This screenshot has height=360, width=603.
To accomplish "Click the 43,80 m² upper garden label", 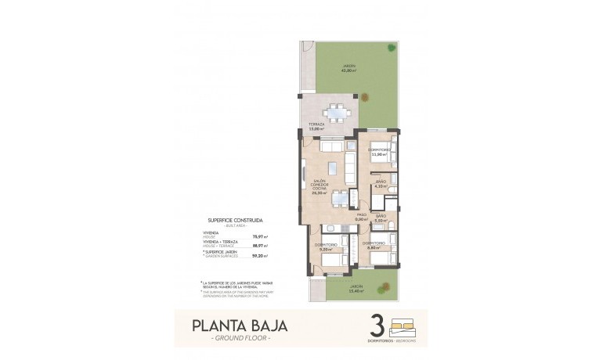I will [348, 68].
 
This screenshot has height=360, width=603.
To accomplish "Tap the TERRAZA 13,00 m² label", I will [316, 128].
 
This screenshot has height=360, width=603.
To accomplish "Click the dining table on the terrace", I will [338, 113].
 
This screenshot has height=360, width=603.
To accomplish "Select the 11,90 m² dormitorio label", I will [379, 152].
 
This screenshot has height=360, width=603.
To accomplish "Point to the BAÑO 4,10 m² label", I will [381, 185].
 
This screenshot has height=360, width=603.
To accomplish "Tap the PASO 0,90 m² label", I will [362, 218].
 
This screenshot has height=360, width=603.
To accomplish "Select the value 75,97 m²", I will [259, 236].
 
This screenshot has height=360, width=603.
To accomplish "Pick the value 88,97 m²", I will [259, 246].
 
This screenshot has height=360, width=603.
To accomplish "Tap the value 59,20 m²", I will [259, 255].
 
